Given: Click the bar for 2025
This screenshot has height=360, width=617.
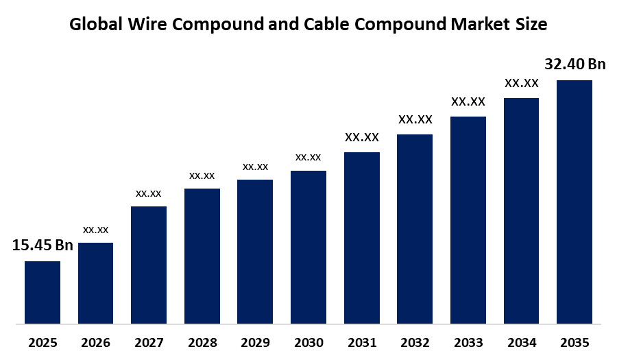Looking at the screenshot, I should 43,292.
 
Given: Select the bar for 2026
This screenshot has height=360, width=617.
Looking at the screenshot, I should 95,283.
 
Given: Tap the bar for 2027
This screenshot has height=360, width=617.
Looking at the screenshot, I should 149,265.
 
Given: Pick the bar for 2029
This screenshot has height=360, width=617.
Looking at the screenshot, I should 255,251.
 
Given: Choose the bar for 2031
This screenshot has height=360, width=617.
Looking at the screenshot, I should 361,237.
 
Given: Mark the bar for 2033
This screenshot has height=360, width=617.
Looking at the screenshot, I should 468,219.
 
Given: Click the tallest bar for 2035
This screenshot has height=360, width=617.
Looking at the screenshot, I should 574,202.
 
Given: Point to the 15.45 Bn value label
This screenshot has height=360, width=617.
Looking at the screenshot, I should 43,245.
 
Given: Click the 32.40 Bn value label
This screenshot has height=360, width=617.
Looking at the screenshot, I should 575,64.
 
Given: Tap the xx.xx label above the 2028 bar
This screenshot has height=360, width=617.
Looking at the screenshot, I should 202,176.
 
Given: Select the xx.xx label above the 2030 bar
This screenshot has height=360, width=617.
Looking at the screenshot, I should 308,158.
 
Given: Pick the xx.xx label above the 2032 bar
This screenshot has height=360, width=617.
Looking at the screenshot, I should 415,119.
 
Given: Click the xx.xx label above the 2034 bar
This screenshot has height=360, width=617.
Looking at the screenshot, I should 522,83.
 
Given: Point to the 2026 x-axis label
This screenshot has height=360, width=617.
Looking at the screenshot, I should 95,342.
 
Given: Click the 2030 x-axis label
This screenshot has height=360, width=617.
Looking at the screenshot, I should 308,342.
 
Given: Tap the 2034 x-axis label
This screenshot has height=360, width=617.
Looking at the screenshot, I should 522,342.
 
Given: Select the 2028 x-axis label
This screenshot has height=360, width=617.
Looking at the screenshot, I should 202,342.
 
